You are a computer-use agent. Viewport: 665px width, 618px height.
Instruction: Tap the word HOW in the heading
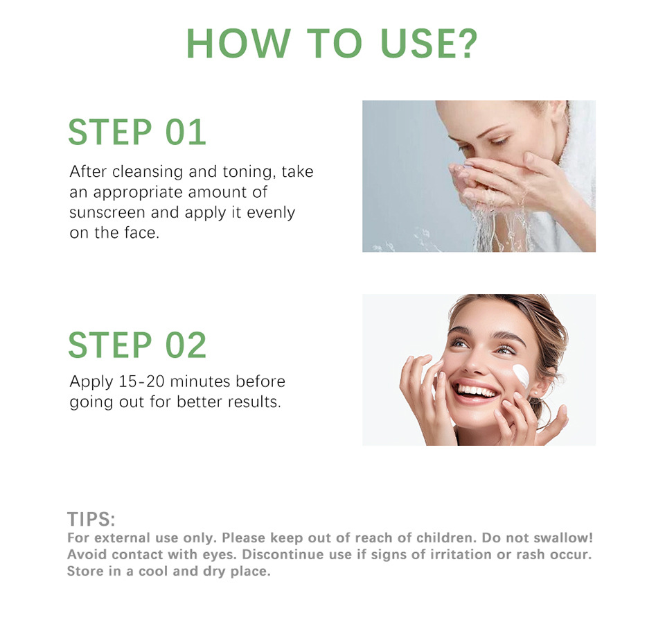(238, 43)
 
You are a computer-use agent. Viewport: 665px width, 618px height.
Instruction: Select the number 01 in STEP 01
(186, 132)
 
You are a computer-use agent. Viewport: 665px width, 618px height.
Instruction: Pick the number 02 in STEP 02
(186, 345)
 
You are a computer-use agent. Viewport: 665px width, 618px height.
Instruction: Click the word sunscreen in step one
(107, 212)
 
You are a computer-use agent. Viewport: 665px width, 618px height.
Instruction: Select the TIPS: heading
(91, 519)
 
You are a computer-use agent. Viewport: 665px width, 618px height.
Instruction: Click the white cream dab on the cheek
(521, 375)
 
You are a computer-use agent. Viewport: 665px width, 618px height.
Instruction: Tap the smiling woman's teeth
(476, 390)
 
